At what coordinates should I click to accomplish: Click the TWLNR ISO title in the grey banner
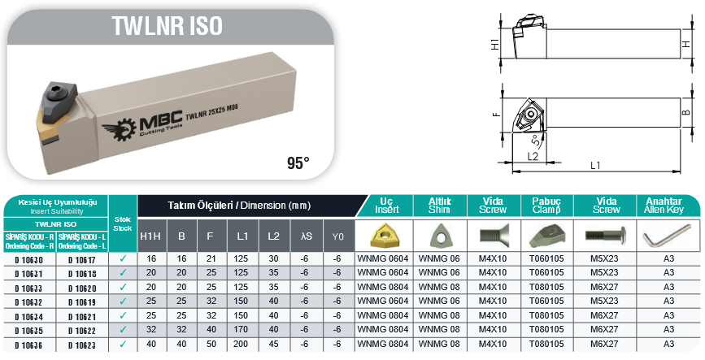pos(168,26)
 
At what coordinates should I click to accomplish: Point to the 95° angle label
pos(298,163)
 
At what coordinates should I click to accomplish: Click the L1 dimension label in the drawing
pos(595,166)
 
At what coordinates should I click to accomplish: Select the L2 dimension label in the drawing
pos(533,156)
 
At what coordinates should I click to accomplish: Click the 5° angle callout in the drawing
pos(536,140)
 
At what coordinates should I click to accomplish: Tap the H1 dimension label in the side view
pos(495,44)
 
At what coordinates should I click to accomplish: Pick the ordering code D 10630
pos(29,260)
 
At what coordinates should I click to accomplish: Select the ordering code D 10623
pos(82,345)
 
